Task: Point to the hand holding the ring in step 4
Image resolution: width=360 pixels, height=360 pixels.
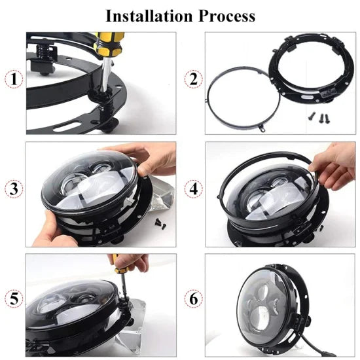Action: coord(334,167)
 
